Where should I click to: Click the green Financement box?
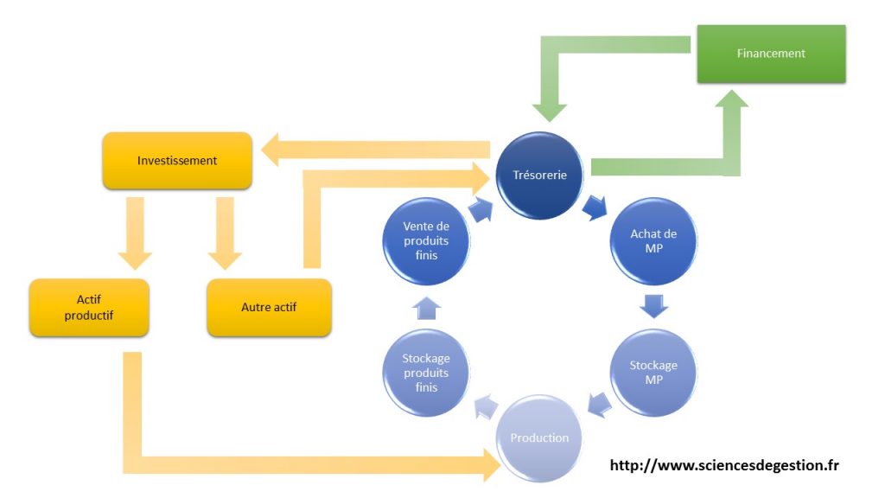(x=771, y=54)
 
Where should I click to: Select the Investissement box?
(x=177, y=161)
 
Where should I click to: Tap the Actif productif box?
(x=89, y=308)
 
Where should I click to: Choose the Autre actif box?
(x=269, y=308)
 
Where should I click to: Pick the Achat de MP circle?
(x=653, y=241)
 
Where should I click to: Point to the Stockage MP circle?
(x=653, y=373)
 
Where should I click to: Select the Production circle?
(x=539, y=437)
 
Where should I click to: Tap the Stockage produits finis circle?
(x=426, y=373)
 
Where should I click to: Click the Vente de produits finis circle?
(x=426, y=241)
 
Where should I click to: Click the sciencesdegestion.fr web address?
(x=724, y=466)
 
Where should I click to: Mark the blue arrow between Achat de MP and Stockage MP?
(x=653, y=306)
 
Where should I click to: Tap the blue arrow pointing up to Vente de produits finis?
(x=426, y=306)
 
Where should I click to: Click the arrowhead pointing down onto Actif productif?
(x=136, y=259)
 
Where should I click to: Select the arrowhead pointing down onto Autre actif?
(x=225, y=259)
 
